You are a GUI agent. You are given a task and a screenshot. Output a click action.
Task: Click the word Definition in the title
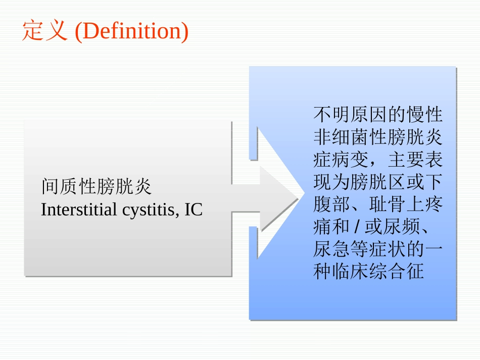point(131,31)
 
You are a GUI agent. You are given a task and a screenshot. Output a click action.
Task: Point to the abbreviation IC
point(194,210)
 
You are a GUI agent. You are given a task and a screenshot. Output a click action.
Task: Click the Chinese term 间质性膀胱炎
point(96,187)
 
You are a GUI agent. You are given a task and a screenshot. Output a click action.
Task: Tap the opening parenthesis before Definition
point(78,31)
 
